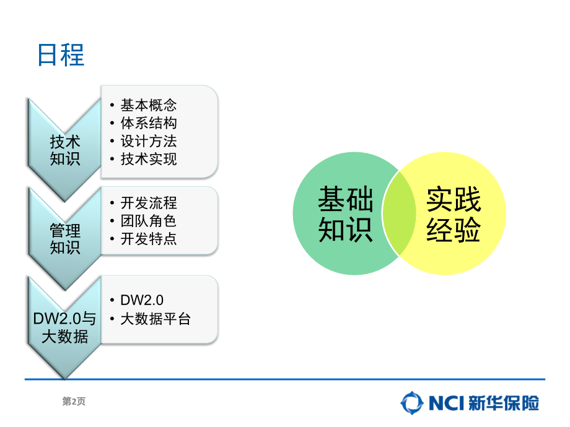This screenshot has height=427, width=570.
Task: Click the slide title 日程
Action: tap(61, 55)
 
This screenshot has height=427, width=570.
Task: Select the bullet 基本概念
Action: tap(149, 105)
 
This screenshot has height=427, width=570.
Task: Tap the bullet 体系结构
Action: tap(149, 123)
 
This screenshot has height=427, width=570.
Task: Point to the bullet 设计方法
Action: tap(149, 141)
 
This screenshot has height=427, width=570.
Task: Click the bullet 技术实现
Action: tap(149, 159)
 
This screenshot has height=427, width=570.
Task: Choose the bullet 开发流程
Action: tap(149, 203)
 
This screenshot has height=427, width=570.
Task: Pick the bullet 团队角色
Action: tap(149, 221)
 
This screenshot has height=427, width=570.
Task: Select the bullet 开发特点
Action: tap(149, 239)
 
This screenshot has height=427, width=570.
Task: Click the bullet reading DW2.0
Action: tap(142, 300)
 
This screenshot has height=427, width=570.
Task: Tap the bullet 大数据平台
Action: tap(156, 319)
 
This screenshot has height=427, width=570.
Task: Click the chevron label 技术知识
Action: tap(65, 150)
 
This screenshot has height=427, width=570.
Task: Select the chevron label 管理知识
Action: tap(65, 239)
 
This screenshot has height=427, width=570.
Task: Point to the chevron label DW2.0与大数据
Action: tap(64, 327)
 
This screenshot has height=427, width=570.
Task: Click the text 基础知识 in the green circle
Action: tap(346, 214)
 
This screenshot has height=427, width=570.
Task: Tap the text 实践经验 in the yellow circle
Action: tap(454, 214)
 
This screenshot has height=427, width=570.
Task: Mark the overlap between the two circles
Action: tap(399, 213)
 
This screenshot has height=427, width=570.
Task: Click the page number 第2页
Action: tap(74, 401)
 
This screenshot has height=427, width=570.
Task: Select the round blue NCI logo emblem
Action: tap(412, 403)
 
